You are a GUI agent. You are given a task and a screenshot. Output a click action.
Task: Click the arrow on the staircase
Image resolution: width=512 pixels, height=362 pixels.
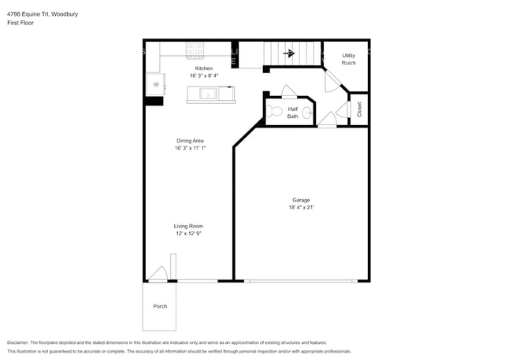click(289, 54)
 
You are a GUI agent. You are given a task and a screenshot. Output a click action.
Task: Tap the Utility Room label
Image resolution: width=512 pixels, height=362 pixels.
click(347, 59)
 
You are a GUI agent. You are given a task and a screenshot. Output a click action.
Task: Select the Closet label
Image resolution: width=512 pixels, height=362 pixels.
click(359, 109)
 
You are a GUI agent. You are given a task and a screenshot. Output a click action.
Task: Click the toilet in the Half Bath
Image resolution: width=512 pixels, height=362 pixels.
click(274, 111)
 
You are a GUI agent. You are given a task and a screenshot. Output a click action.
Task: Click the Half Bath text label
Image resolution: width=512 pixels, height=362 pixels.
click(292, 113)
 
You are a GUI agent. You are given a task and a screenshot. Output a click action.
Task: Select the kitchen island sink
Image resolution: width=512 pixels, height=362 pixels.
click(209, 94)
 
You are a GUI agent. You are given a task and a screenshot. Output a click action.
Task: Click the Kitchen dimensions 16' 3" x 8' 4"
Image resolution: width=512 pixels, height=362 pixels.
click(203, 76)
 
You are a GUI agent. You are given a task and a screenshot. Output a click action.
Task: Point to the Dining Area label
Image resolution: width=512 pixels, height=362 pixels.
click(191, 141)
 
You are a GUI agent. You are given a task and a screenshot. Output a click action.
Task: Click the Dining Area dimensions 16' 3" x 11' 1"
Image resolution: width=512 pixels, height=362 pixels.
click(191, 148)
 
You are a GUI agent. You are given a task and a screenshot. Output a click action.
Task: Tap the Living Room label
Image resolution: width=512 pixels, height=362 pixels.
click(189, 226)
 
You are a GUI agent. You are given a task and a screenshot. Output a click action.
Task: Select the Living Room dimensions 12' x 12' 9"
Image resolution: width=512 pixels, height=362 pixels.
click(189, 233)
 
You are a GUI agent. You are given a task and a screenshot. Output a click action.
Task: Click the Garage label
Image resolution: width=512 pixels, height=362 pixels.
click(301, 200)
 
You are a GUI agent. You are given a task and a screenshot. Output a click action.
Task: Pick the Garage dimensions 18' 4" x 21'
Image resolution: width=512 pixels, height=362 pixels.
click(301, 208)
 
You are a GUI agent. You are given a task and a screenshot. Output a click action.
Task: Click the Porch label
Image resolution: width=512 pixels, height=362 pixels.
click(160, 306)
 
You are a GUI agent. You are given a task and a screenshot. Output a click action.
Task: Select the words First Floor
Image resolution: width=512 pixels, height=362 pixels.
click(23, 23)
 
